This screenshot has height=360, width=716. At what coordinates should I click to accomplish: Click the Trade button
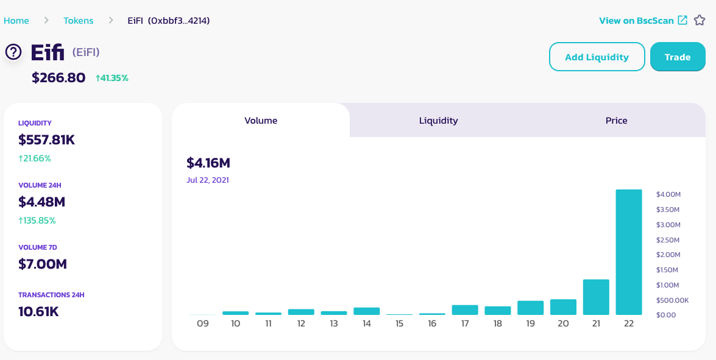click(678, 57)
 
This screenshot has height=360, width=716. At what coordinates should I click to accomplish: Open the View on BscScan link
click(643, 21)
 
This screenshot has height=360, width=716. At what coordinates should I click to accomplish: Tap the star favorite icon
click(700, 20)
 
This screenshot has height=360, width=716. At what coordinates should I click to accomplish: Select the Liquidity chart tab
click(438, 121)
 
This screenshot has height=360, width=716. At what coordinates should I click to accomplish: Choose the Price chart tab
click(617, 121)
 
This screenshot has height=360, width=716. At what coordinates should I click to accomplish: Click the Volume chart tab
click(261, 121)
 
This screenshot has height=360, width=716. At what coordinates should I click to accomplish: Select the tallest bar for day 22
click(629, 252)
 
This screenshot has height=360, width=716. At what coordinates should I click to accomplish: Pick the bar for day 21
click(596, 297)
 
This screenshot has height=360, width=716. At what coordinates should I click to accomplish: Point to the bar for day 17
click(465, 310)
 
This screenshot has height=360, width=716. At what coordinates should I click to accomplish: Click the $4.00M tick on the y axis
click(668, 194)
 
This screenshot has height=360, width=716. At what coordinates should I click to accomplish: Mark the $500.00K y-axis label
click(672, 300)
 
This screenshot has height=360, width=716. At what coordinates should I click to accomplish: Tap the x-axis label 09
click(203, 323)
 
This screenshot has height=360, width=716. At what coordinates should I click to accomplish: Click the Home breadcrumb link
click(16, 21)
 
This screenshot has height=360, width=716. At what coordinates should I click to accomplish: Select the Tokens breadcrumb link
click(78, 21)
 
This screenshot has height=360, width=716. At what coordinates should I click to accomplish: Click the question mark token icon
click(13, 52)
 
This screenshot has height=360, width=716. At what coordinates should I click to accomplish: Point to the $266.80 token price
click(58, 77)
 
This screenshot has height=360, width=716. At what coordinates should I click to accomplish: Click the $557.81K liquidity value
click(46, 140)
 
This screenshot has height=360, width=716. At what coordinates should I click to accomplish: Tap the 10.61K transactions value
click(38, 312)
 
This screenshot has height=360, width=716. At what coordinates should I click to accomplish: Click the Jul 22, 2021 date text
click(207, 180)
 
